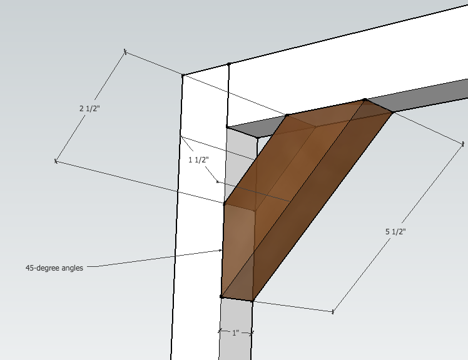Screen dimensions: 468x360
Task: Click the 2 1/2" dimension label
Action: [90, 108]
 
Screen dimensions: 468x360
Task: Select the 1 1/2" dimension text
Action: [198, 160]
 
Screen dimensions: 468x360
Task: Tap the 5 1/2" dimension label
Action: [395, 231]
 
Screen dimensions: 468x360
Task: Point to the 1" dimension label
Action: [235, 333]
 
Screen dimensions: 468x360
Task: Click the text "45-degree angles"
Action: [54, 268]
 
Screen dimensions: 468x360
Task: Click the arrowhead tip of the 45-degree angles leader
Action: [223, 250]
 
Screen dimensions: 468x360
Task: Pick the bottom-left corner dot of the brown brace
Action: [221, 297]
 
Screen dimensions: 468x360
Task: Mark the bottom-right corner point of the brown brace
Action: [252, 301]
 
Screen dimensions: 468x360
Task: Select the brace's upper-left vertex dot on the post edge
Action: [225, 204]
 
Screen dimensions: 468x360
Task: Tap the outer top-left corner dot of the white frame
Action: [183, 76]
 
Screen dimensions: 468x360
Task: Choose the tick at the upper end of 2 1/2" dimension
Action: [125, 51]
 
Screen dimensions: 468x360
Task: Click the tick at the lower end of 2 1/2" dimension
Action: [56, 161]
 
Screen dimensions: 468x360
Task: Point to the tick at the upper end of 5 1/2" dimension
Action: [463, 144]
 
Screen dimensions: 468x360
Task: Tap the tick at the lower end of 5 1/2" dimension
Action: [333, 311]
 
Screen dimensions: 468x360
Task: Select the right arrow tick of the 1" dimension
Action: [252, 333]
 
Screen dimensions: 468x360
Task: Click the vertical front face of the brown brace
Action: [238, 250]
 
